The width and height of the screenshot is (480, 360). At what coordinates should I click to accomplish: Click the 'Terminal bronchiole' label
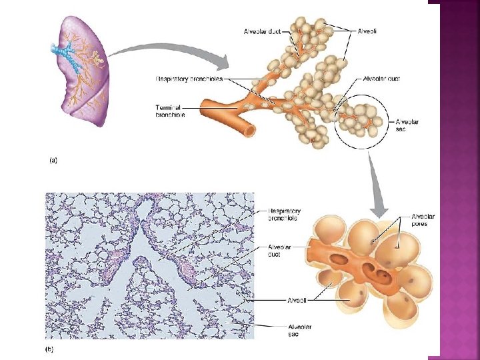170,111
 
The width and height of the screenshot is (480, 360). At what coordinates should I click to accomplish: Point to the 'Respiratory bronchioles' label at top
189,79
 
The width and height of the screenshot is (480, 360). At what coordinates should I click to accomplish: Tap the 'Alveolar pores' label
423,220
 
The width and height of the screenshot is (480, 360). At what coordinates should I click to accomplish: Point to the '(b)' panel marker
50,348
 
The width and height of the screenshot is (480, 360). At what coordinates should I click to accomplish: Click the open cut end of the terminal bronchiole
249,129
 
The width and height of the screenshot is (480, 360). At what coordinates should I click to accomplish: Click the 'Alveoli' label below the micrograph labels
297,300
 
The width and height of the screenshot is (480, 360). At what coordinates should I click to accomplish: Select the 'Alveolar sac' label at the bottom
299,330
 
